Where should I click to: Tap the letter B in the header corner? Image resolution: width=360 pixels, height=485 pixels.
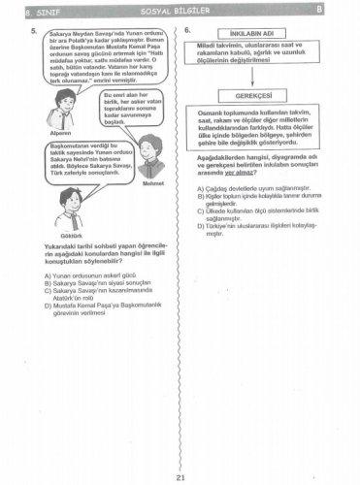[347, 9]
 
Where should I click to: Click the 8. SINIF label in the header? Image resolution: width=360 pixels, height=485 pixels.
[31, 9]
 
